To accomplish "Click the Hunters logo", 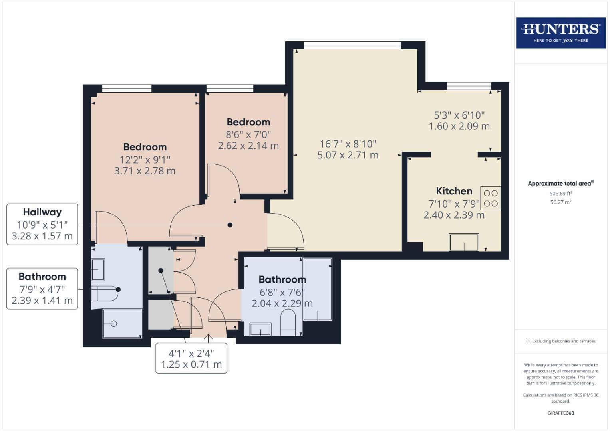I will [560, 33].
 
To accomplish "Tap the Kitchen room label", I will [454, 191].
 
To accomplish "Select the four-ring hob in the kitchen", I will [490, 198].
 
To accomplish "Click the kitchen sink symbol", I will [464, 242].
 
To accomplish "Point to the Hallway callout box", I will [42, 224].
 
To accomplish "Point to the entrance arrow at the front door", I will [208, 338].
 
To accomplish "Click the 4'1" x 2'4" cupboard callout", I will [191, 358].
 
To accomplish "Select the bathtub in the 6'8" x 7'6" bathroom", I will [318, 289].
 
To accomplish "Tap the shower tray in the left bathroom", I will [122, 323].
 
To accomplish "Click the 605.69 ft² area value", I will [560, 194].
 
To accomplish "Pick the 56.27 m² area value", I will [560, 202].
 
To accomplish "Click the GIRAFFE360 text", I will [560, 413].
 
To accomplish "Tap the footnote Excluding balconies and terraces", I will [560, 341].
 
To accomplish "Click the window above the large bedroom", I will [127, 89].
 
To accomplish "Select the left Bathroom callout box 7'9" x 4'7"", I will [42, 289].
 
